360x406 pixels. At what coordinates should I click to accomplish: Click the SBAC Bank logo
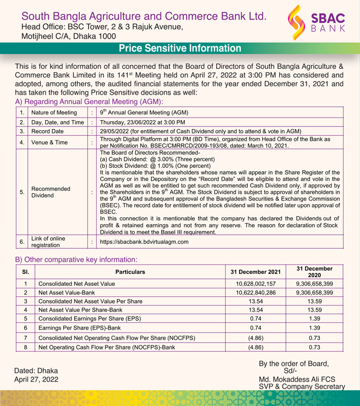317,23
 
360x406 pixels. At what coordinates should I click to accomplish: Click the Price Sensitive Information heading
180,49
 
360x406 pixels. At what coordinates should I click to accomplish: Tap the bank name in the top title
144,16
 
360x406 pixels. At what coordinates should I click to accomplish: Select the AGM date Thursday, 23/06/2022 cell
142,122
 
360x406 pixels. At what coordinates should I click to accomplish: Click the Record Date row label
47,132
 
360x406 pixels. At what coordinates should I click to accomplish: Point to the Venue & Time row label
50,142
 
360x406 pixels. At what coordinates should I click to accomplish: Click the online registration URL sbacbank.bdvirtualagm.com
145,242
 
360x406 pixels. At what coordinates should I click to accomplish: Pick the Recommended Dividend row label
51,192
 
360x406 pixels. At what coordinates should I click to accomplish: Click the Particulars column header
130,272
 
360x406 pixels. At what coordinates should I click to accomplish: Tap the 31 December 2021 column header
256,272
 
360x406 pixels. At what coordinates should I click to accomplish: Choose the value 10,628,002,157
256,284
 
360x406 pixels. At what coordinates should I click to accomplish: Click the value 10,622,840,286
256,292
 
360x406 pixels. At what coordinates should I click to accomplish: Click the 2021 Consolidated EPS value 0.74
256,319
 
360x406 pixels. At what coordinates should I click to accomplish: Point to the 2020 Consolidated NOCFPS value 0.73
314,338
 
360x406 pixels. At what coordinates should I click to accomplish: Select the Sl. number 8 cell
25,347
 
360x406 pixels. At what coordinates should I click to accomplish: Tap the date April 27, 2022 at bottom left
35,379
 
